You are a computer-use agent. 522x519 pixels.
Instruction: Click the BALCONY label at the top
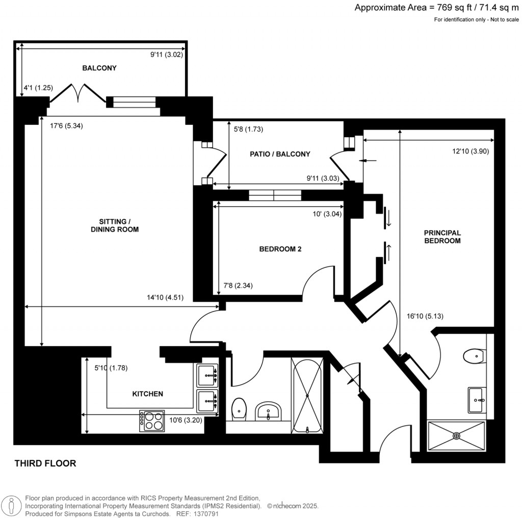coord(99,68)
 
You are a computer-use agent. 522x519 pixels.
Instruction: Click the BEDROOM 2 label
coord(280,249)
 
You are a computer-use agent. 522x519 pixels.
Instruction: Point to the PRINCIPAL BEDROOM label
coord(442,237)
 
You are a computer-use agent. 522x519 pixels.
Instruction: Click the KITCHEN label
coord(147,394)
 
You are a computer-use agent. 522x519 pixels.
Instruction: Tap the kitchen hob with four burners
coord(152,421)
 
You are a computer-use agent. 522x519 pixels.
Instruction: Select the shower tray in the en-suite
coord(456,436)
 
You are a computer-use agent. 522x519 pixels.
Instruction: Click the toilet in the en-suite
coord(474,355)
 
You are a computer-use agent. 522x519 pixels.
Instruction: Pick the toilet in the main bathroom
coord(239,409)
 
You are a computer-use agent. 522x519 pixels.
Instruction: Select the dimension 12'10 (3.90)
coord(471,151)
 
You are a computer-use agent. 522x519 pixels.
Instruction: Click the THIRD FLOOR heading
coord(45,463)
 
